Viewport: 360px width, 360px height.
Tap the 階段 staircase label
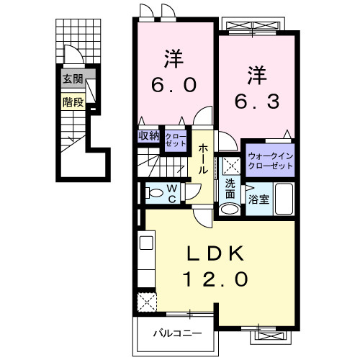point(73,102)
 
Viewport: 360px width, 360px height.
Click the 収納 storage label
point(148,135)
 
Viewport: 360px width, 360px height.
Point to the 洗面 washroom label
point(230,189)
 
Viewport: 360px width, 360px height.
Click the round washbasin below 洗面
point(230,210)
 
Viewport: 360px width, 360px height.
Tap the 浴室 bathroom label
point(259,199)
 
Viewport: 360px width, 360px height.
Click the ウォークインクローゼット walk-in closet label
point(271,160)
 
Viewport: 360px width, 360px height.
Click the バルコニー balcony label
point(176,333)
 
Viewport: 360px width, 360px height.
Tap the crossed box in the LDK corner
point(147,301)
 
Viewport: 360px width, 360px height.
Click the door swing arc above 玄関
point(73,56)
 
